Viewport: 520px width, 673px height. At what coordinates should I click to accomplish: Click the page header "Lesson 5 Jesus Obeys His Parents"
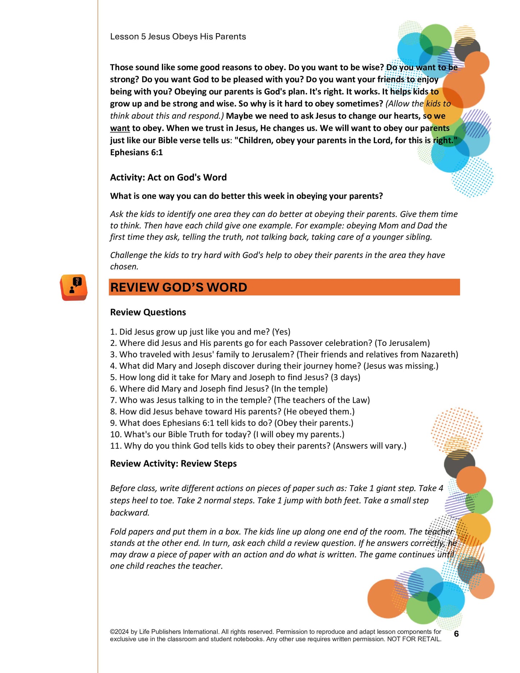[x=178, y=37]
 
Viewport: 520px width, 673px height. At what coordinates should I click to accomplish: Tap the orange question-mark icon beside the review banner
[x=74, y=287]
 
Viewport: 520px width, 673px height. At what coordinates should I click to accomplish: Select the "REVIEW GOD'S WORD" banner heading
[x=178, y=288]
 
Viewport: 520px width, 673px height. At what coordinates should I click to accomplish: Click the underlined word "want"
[x=120, y=128]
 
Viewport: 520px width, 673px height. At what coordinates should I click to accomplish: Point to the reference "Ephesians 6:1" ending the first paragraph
[x=136, y=153]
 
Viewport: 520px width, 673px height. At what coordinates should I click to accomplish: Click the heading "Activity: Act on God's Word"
[x=168, y=177]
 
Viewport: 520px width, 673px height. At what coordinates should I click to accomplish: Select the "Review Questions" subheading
[x=148, y=312]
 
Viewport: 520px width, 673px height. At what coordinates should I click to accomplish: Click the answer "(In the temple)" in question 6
[x=299, y=389]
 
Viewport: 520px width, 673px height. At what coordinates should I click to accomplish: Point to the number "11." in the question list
[x=116, y=446]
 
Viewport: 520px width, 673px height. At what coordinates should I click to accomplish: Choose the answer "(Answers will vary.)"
[x=370, y=446]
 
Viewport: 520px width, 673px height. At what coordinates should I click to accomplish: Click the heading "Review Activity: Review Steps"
[x=173, y=464]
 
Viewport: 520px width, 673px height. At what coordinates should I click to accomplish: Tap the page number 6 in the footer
[x=456, y=634]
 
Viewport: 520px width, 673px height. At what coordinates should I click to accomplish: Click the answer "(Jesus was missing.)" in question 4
[x=401, y=366]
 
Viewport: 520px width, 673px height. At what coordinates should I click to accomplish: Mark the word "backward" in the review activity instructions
[x=129, y=513]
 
